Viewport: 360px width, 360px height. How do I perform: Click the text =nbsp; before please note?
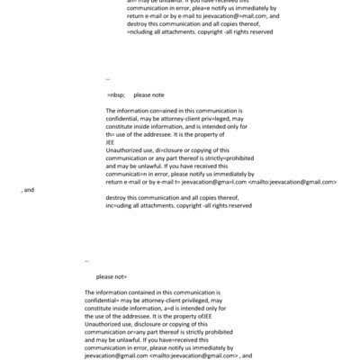tap(115, 94)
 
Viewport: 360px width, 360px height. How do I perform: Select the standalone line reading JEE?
tap(110, 141)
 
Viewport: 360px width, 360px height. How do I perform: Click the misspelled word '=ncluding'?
tap(144, 31)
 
